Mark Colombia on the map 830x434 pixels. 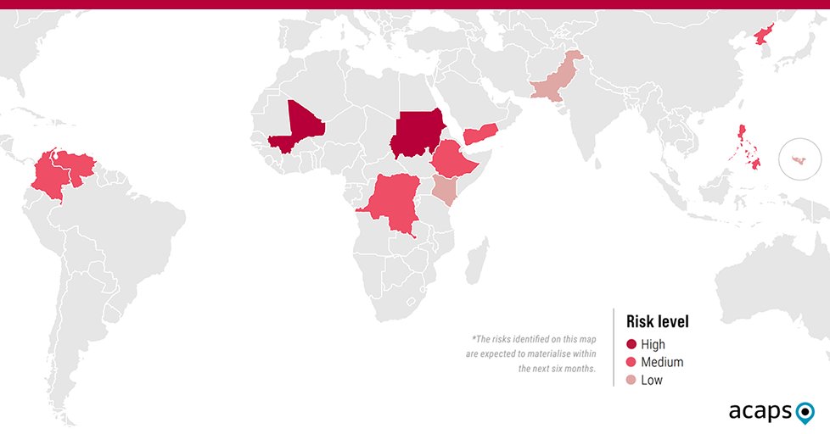click(49, 180)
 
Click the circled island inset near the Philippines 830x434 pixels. click(800, 159)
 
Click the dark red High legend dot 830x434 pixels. click(631, 345)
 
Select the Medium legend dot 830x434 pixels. click(631, 363)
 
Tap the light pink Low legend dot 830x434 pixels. click(631, 381)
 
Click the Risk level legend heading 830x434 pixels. click(657, 322)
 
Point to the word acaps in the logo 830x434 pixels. click(759, 412)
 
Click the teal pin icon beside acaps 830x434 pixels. click(805, 413)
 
